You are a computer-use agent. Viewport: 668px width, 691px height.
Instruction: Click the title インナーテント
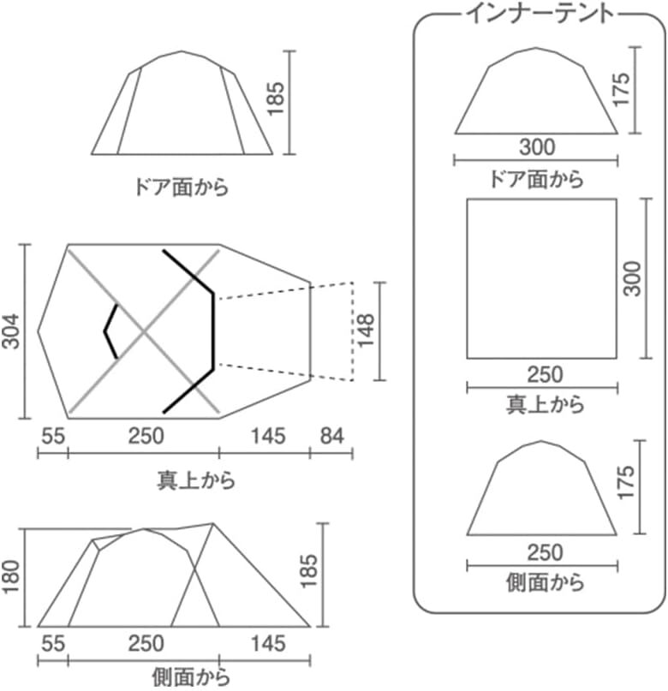(540, 14)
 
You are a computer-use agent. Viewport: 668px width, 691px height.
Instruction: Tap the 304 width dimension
(11, 331)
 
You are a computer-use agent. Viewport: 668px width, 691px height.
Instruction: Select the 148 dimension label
(367, 331)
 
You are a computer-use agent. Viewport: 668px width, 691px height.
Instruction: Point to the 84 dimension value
(331, 436)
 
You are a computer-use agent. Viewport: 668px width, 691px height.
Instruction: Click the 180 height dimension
(11, 576)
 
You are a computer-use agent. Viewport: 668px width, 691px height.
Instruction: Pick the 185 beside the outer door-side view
(277, 98)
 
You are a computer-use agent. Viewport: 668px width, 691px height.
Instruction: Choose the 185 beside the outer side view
(308, 570)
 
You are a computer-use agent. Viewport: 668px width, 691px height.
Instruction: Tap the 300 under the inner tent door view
(537, 147)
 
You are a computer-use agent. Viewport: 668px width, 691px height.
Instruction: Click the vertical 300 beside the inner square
(633, 278)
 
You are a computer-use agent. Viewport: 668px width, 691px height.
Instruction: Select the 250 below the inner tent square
(545, 374)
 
